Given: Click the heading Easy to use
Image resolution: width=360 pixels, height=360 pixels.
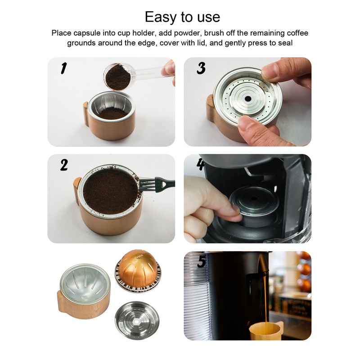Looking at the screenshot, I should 182,17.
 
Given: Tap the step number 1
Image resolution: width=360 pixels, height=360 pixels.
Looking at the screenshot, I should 64,69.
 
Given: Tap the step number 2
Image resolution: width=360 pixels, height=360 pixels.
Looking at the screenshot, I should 64,165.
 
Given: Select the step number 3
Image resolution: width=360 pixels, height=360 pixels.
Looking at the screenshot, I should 201,68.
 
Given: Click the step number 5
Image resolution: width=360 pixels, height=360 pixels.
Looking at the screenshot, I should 201,261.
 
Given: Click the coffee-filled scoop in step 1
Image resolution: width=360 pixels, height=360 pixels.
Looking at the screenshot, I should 118,76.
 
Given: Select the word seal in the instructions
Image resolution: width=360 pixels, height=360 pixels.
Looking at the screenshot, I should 286,43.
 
